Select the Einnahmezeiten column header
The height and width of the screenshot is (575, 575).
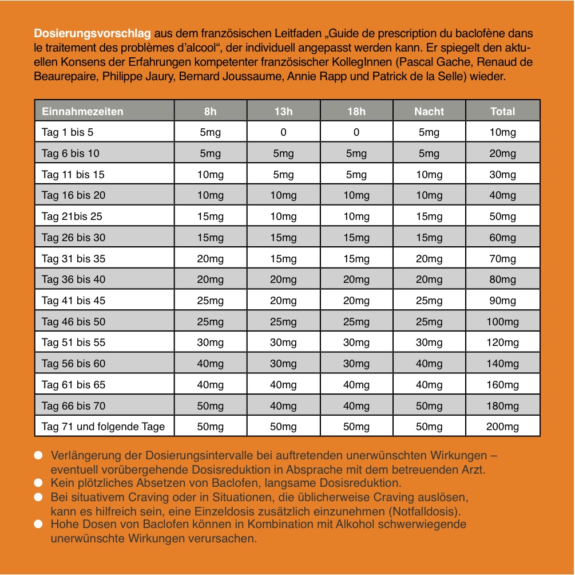click(82, 111)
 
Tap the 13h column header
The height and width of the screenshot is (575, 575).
click(283, 111)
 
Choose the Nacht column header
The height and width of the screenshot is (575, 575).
click(429, 111)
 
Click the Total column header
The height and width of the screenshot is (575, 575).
click(502, 111)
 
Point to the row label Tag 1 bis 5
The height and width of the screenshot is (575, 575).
click(68, 132)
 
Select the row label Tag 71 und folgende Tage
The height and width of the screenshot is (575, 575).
click(103, 427)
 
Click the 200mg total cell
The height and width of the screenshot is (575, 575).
click(502, 427)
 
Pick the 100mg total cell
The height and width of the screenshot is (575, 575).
click(502, 321)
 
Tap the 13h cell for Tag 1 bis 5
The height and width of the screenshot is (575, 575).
click(283, 132)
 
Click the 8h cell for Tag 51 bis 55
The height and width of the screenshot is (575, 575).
click(210, 342)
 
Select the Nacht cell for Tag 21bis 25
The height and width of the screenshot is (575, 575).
click(429, 216)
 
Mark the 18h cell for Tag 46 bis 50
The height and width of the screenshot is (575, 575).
click(356, 321)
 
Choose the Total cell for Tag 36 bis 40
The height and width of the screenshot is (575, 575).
click(502, 279)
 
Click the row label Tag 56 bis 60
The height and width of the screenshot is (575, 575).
click(73, 364)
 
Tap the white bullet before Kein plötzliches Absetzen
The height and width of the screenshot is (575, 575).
click(38, 483)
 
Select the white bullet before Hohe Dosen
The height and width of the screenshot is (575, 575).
click(38, 525)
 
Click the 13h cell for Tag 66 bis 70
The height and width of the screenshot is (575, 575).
click(283, 405)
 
